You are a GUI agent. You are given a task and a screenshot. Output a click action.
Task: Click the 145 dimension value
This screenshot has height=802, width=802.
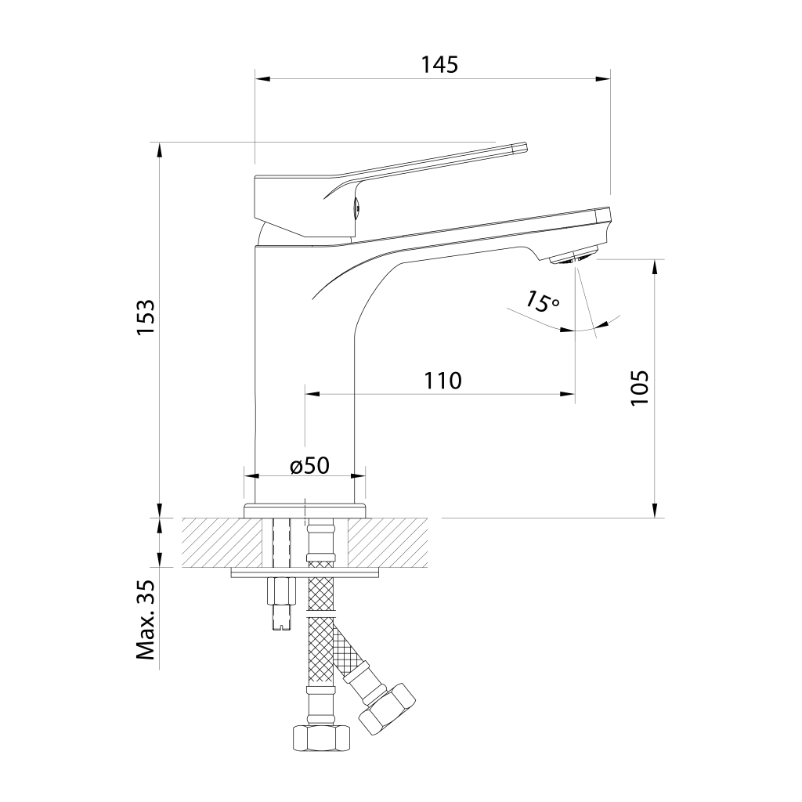439,65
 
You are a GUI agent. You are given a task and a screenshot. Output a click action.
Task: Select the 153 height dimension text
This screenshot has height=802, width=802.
145,317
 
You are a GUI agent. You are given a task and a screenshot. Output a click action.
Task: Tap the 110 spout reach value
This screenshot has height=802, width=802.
443,381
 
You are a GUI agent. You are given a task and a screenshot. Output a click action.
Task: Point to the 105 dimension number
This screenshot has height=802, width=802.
639,387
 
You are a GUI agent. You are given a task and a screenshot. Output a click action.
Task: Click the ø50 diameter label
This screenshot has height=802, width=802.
309,465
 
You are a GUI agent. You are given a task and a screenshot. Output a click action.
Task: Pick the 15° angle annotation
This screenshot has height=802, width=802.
542,302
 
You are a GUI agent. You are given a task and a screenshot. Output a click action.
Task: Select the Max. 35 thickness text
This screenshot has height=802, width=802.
145,620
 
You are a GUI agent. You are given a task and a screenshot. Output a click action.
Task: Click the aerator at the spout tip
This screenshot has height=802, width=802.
573,256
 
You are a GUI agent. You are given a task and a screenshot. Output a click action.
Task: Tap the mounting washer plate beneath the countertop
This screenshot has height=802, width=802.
306,573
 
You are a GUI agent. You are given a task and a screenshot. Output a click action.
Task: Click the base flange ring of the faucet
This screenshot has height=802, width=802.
305,511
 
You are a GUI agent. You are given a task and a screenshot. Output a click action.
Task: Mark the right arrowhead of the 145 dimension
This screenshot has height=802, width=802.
604,79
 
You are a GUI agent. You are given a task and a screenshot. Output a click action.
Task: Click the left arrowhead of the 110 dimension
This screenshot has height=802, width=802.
312,394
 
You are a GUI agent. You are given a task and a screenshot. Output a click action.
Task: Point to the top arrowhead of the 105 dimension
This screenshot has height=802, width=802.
655,266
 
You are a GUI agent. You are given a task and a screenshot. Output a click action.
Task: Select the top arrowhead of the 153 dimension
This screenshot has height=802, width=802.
160,150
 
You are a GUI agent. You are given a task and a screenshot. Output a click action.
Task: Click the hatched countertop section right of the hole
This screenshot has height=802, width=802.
388,543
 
